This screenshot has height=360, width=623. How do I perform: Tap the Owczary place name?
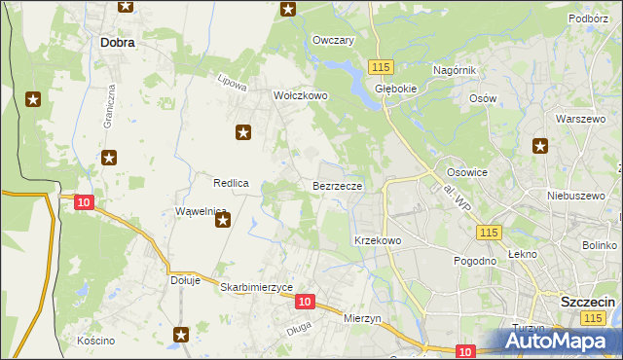pos(333,40)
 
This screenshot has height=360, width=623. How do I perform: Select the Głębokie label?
pos(396,86)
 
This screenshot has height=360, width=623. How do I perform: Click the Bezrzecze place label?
pos(338,185)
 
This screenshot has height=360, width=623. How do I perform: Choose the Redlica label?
pos(233,183)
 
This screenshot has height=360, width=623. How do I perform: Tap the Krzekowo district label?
pos(378,239)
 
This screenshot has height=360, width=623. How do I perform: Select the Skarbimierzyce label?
pos(257,288)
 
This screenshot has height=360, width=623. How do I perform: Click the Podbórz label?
pos(589,18)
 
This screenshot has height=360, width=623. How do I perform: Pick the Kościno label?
pos(96,341)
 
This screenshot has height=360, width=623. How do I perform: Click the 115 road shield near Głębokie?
pos(381,66)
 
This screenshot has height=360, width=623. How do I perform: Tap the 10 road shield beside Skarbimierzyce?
pos(305,303)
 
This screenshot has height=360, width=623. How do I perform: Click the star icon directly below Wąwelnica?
pos(223,221)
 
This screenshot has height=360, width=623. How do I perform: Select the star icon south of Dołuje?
pos(181,335)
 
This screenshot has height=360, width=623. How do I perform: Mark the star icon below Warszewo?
pos(540,147)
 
